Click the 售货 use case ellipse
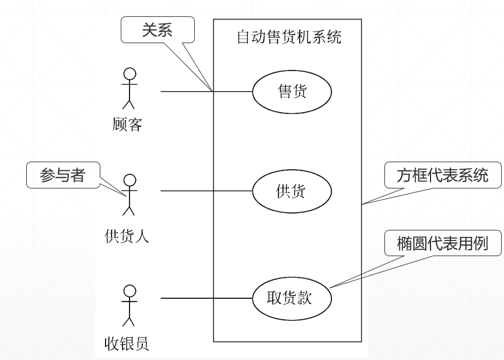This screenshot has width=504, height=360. [x=292, y=92]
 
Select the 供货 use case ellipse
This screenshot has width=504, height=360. [x=292, y=191]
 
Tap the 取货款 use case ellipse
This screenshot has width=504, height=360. [x=292, y=298]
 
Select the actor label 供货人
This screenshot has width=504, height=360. [x=127, y=236]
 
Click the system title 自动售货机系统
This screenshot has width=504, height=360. [x=289, y=38]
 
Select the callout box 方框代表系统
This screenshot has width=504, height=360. [x=443, y=176]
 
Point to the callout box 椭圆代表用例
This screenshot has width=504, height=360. [x=443, y=244]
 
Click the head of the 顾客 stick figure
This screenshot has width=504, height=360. [x=129, y=74]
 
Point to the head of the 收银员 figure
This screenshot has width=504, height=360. [x=129, y=290]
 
